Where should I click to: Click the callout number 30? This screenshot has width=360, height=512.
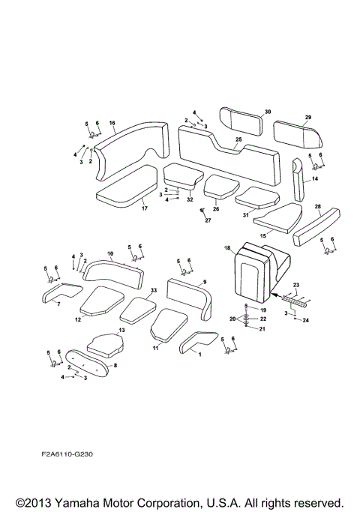click(267, 112)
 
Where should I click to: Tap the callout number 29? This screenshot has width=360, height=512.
click(307, 117)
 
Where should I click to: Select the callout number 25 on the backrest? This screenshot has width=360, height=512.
click(238, 139)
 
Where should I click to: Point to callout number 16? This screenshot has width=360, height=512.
click(112, 122)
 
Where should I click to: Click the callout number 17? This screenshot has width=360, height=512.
click(145, 208)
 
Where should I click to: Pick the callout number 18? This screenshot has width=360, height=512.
click(226, 247)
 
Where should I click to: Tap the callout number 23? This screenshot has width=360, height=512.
click(296, 285)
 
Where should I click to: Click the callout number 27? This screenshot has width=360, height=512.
click(208, 220)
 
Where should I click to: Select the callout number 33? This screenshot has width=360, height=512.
click(153, 289)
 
